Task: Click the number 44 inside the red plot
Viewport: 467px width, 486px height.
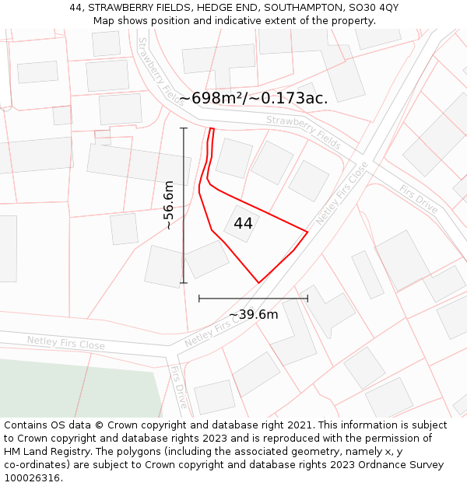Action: click(x=243, y=223)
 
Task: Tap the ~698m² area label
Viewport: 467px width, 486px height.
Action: click(x=254, y=98)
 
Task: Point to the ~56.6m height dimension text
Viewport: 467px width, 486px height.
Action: click(x=168, y=205)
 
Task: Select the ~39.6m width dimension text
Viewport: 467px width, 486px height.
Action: click(x=253, y=314)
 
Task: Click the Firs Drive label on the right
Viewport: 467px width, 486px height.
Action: click(x=419, y=199)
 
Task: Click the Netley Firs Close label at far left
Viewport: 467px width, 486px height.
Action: click(x=65, y=342)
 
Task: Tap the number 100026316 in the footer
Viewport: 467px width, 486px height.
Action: click(x=33, y=477)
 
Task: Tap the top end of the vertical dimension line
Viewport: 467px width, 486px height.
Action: click(x=184, y=128)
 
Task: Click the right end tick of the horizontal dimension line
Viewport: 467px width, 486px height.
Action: click(x=307, y=298)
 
